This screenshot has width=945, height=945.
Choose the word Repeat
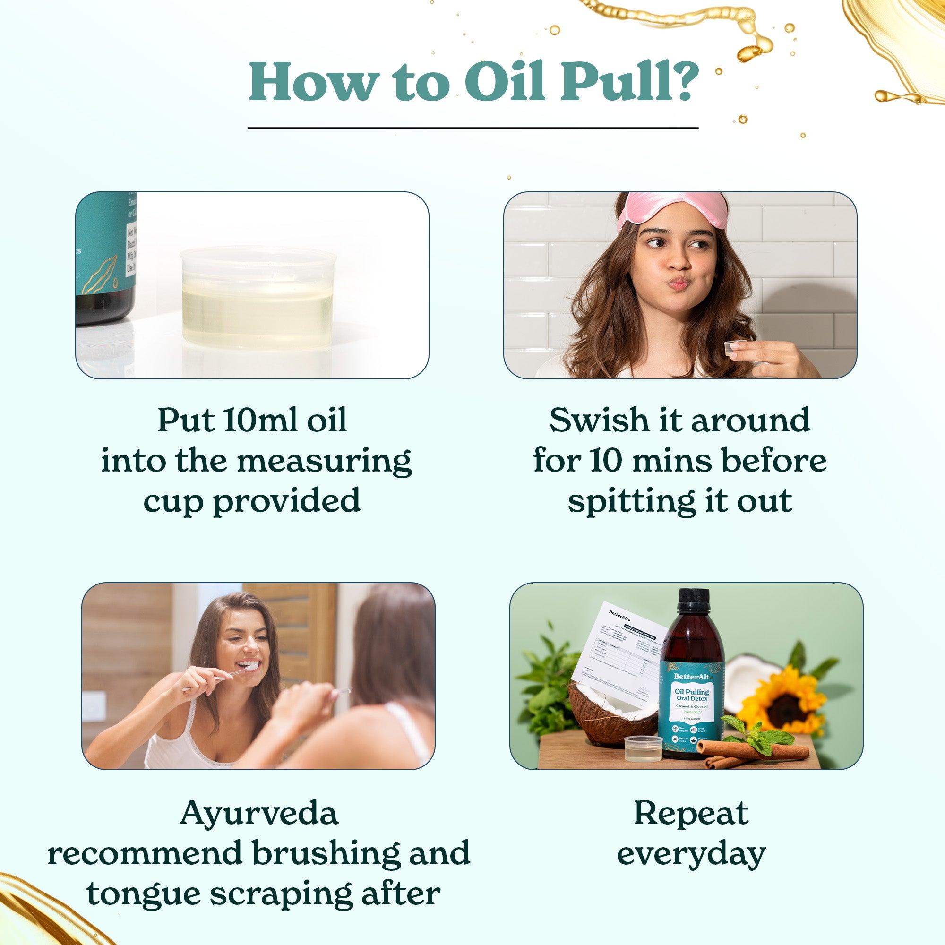point(691,813)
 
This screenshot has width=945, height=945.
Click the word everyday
point(691,853)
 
